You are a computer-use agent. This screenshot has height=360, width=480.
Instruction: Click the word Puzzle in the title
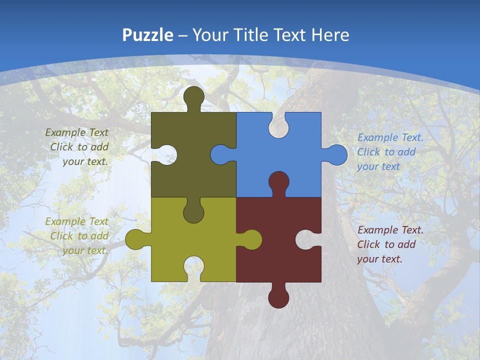tap(148, 35)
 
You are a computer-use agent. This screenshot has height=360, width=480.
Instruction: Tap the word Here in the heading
tap(330, 35)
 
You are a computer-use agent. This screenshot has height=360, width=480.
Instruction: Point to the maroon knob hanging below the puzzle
tap(278, 298)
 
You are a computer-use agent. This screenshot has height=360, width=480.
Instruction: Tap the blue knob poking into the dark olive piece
tap(220, 154)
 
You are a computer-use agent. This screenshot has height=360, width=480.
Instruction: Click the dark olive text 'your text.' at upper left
tap(85, 161)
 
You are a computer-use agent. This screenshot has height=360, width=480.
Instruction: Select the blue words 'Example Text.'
tap(390, 137)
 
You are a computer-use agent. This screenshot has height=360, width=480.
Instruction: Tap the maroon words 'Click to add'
tap(386, 244)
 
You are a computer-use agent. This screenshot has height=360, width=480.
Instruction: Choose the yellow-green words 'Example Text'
tap(76, 221)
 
